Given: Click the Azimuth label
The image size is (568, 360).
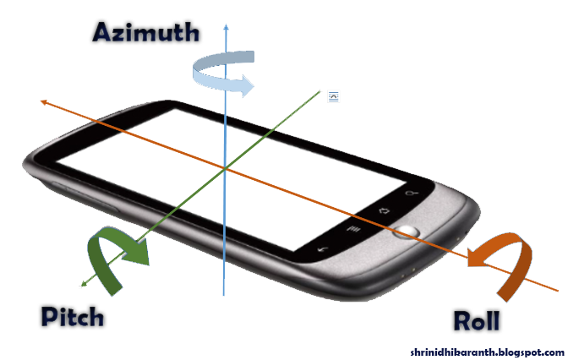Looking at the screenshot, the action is pyautogui.click(x=147, y=32).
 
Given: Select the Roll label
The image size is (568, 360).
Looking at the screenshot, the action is pyautogui.click(x=477, y=320).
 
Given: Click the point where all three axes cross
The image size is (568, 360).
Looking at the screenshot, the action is pyautogui.click(x=225, y=169).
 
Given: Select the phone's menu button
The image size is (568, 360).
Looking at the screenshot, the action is pyautogui.click(x=354, y=228).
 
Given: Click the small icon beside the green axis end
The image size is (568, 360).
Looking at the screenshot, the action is pyautogui.click(x=334, y=97).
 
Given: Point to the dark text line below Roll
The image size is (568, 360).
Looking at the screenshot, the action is pyautogui.click(x=486, y=351).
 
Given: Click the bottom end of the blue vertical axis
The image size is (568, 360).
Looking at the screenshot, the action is pyautogui.click(x=224, y=295).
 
